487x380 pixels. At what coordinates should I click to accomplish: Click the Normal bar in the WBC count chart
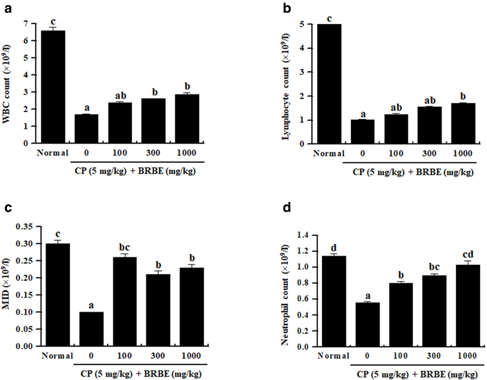(53, 87)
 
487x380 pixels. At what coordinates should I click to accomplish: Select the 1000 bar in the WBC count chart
(187, 119)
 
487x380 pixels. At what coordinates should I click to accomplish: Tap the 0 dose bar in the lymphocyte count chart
(363, 132)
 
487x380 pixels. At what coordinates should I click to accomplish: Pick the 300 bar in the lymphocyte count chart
(430, 125)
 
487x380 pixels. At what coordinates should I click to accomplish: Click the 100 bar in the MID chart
(125, 301)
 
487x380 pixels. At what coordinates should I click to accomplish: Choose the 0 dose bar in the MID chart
(91, 329)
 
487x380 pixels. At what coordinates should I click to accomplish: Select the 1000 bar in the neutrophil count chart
(468, 306)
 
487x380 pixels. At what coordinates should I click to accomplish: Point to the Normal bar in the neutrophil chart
(334, 301)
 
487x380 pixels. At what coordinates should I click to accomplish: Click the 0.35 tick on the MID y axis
(24, 226)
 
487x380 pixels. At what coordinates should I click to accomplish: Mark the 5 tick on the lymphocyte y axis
(302, 24)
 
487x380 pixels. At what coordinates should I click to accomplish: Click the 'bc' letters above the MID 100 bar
(124, 247)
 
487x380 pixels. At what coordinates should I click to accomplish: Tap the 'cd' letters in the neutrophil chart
(468, 254)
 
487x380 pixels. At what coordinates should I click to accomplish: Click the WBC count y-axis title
(6, 84)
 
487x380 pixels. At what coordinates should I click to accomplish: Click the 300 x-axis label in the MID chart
(158, 356)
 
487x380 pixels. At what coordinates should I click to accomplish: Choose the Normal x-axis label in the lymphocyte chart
(329, 153)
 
